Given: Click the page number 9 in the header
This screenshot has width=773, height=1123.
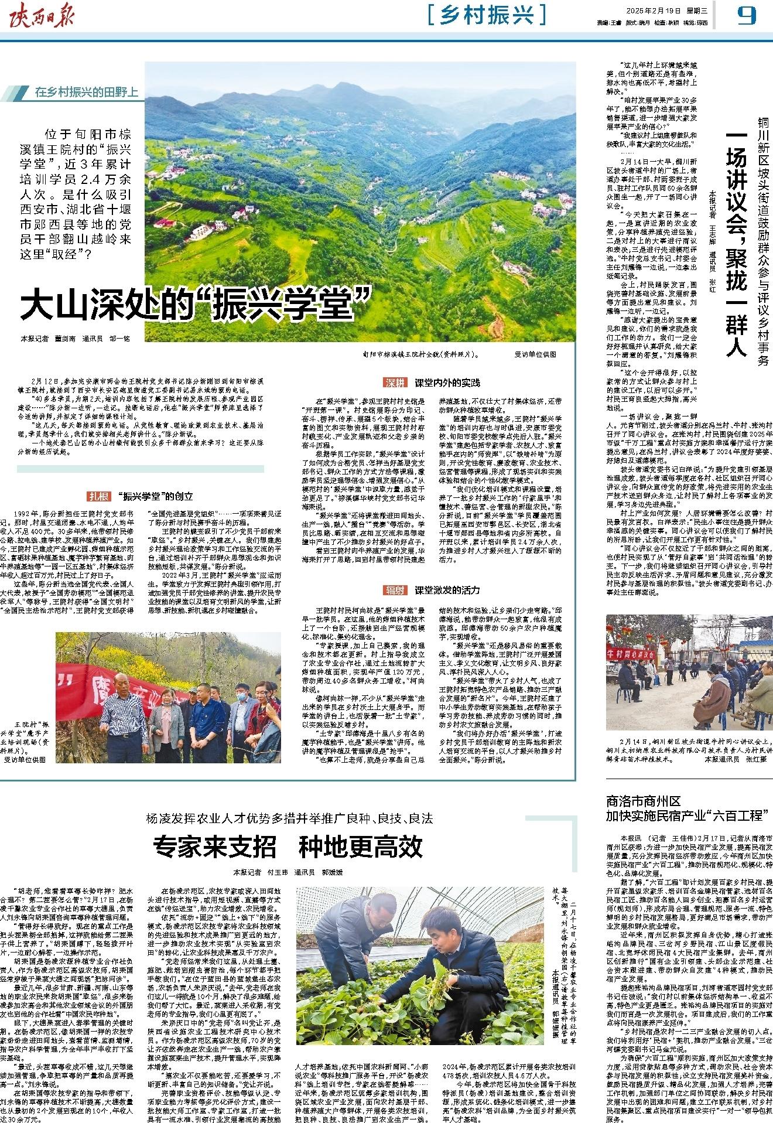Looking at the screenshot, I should point(747,16).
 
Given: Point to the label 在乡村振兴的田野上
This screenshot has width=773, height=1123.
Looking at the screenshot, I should point(86,92).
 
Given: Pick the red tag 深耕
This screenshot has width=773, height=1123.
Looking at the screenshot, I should point(395,383).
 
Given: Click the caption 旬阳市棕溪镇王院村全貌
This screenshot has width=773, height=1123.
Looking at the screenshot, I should point(419,354).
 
